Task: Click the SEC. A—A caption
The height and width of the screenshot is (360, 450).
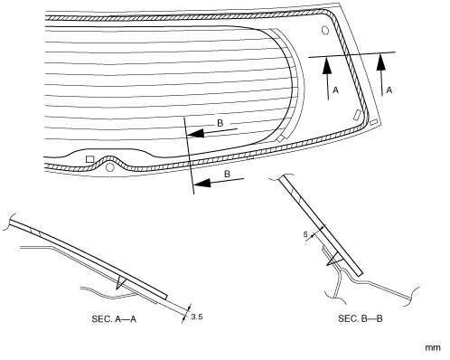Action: point(114,318)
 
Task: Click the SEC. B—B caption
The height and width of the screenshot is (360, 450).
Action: point(361,318)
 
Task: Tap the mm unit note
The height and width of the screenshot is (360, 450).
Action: point(433,347)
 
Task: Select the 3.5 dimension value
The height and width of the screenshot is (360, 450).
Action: point(197,317)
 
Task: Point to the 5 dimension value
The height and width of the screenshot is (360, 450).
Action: point(305,234)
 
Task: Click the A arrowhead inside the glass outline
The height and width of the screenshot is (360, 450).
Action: point(327,65)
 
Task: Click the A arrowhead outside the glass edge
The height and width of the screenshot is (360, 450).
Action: point(381,62)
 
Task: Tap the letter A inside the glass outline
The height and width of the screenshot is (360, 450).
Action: point(336,90)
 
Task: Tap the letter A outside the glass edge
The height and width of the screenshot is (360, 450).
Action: point(389,90)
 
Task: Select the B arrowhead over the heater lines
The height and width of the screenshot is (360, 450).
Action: point(195,133)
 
